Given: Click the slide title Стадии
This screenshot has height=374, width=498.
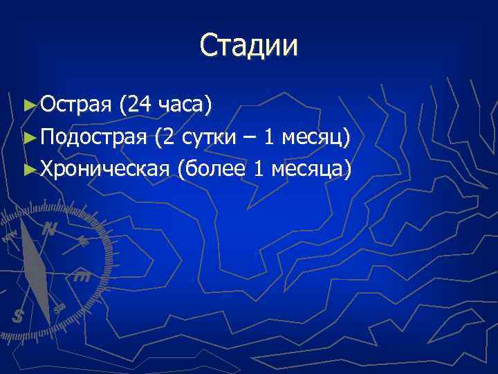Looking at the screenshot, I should [x=249, y=46].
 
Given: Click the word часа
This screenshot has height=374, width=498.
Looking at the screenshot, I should [x=182, y=105].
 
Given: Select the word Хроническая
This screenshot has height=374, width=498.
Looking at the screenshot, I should [x=104, y=168].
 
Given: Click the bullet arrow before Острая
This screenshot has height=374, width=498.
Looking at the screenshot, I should [x=28, y=105].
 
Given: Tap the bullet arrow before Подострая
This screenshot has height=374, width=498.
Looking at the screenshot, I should [x=28, y=137].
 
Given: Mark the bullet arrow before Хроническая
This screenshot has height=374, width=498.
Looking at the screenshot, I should [x=28, y=169].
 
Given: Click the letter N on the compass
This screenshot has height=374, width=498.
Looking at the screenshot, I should [x=48, y=229].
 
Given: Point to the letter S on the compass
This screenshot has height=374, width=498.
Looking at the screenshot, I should [x=18, y=316].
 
